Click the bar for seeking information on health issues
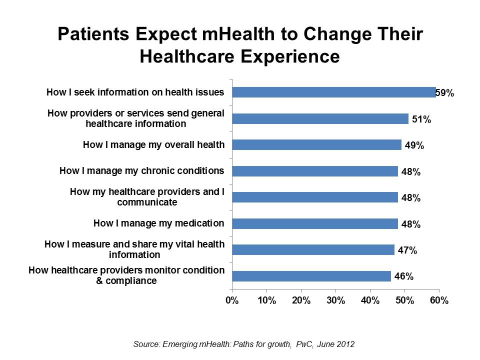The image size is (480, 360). [x=333, y=92]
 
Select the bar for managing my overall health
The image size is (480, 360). [x=316, y=145]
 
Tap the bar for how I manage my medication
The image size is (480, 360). [x=315, y=223]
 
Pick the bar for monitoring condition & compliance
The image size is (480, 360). [x=311, y=276]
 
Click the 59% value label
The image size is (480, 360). [x=444, y=92]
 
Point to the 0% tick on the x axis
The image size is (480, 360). [x=232, y=301]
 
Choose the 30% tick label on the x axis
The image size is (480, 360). [x=335, y=301]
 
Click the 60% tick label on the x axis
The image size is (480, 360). [x=439, y=301]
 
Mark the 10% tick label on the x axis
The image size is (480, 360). [x=266, y=301]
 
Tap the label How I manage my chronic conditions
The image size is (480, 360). [x=141, y=171]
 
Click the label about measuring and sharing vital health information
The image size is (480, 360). [x=134, y=249]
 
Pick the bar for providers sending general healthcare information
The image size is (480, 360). [x=320, y=119]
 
